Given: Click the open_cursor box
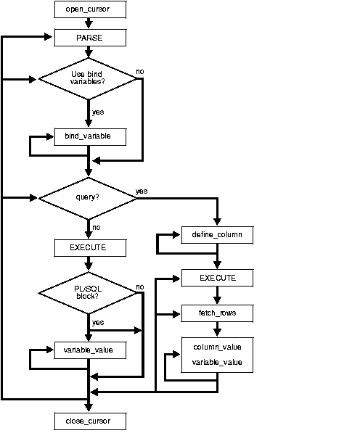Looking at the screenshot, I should coord(89,10).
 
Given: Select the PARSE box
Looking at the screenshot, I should coord(89,36).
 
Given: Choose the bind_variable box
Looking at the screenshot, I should coord(89,136).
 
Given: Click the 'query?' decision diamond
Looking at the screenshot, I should coord(89,197).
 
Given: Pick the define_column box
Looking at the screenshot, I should coord(217,236).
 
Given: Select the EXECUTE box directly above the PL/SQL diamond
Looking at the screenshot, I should coord(89,247).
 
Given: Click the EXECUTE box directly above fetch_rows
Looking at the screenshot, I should coord(217,278).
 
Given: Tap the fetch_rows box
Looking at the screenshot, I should coord(217,314).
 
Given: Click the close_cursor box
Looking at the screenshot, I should coord(89,420).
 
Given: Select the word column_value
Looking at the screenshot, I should coord(217,347).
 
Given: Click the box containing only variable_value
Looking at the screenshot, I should coord(89,351).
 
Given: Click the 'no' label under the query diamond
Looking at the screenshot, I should coord(97,228).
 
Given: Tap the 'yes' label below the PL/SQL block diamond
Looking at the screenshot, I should coord(98,322).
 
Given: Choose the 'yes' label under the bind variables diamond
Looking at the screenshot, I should coord(98,112).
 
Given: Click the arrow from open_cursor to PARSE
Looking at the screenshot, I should coord(89,23).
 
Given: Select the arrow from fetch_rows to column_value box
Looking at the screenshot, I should coord(217,329).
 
